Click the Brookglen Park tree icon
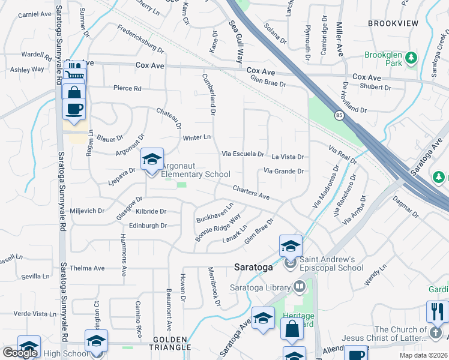tap(411, 58)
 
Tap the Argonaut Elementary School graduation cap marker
tap(152, 160)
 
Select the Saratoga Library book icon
tap(299, 287)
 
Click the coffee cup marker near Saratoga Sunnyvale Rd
tap(74, 109)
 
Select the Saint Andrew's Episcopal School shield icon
tap(291, 263)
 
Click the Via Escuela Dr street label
tap(243, 154)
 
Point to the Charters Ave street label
tap(252, 191)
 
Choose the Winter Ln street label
tap(196, 137)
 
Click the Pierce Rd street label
tap(127, 88)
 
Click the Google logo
tap(20, 353)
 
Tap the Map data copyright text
tap(423, 355)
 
